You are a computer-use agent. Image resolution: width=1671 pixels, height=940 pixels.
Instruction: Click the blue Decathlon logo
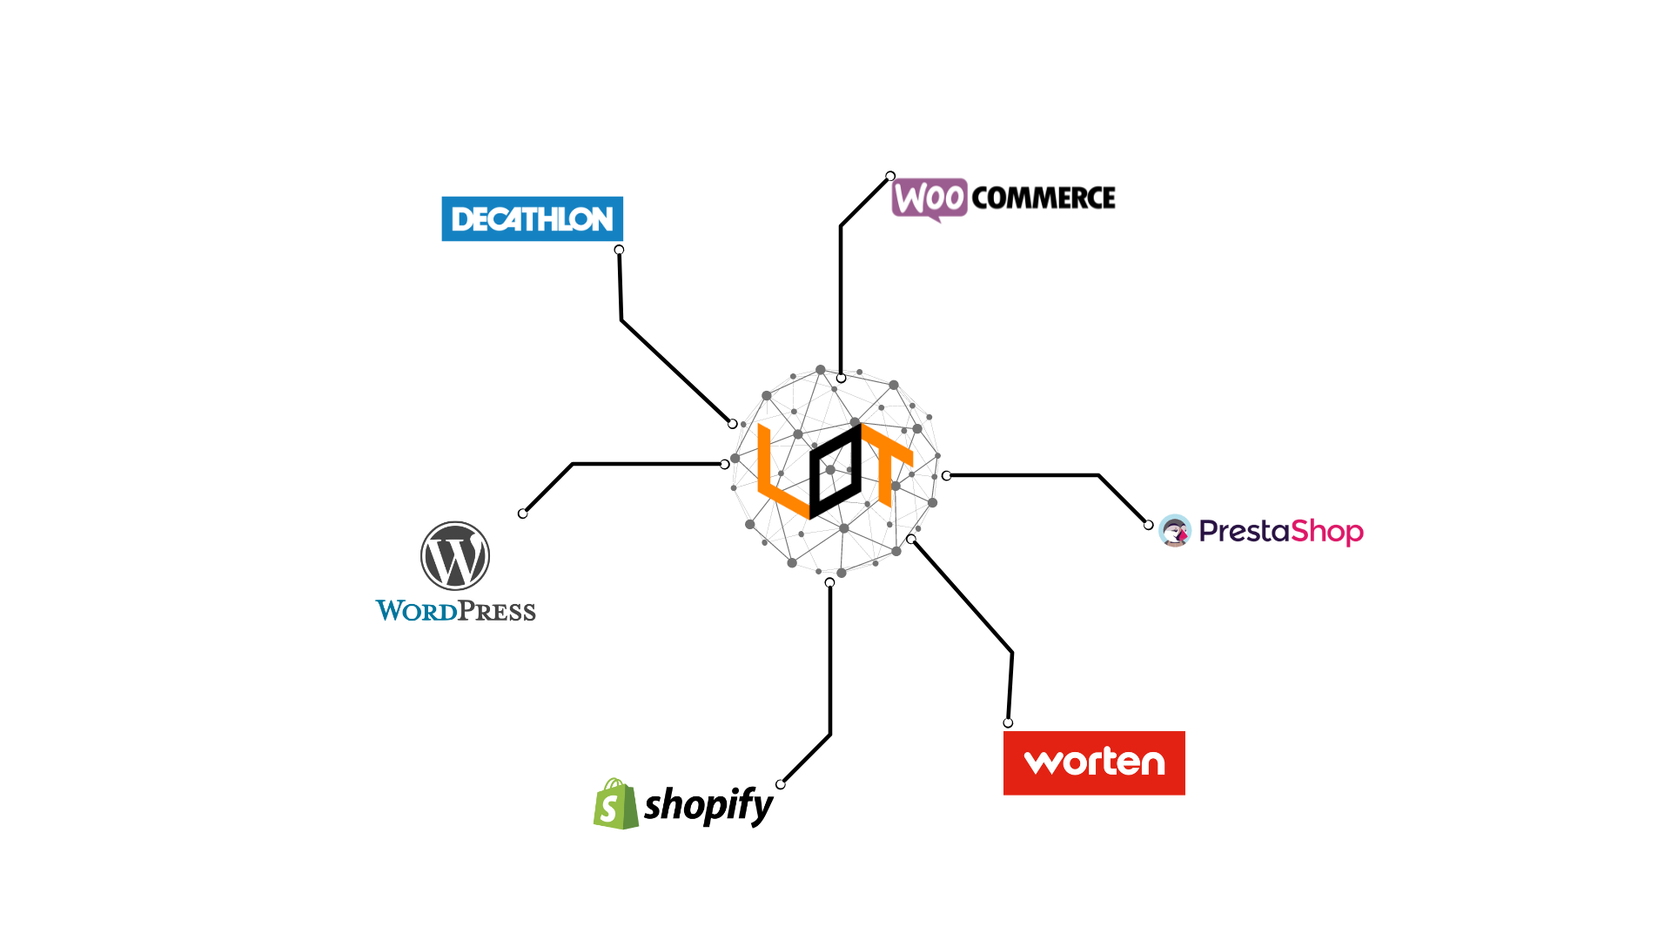(532, 218)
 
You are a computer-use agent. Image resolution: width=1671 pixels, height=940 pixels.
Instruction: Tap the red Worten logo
(1094, 762)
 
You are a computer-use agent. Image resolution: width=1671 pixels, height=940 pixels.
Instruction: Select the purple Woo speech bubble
(929, 198)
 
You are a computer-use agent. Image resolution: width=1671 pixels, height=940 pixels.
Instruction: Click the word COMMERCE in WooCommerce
(1043, 198)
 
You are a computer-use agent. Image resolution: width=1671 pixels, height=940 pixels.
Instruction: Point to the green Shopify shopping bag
(615, 804)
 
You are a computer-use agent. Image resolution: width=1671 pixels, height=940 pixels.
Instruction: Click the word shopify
(708, 805)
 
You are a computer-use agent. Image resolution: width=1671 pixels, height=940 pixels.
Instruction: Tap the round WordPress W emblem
(455, 556)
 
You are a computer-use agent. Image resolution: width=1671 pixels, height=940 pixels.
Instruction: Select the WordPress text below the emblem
(455, 611)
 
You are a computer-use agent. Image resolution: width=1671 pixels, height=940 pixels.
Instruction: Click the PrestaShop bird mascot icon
(1174, 531)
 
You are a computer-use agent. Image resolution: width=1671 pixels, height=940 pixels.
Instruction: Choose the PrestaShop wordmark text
(1281, 531)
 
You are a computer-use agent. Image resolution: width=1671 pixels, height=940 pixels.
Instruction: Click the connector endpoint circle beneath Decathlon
(619, 250)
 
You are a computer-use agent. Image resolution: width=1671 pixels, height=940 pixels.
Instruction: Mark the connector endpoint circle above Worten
(1008, 723)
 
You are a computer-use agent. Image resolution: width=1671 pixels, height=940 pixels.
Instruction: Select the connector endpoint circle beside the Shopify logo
(781, 784)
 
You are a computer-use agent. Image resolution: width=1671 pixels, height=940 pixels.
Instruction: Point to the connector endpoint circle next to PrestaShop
(1149, 525)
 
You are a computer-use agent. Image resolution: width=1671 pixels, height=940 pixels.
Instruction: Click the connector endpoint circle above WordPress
(522, 514)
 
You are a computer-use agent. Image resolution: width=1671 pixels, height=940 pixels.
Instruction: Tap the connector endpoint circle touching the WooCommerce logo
(890, 176)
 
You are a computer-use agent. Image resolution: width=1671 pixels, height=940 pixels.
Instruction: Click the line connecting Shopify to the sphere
(830, 661)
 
